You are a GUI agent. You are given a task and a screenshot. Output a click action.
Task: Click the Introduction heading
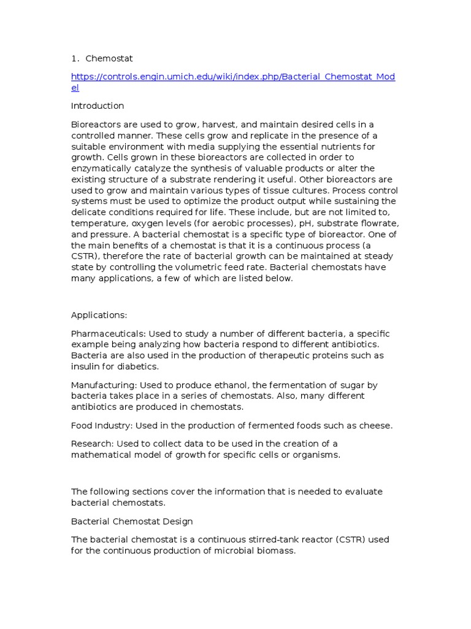(98, 106)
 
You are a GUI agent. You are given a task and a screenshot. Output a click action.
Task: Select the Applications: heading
(99, 315)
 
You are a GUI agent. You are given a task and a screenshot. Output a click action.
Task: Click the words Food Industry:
(102, 426)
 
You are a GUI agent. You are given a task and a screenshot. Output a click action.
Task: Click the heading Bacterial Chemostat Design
(132, 522)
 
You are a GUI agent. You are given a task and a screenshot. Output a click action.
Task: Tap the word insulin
(86, 367)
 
